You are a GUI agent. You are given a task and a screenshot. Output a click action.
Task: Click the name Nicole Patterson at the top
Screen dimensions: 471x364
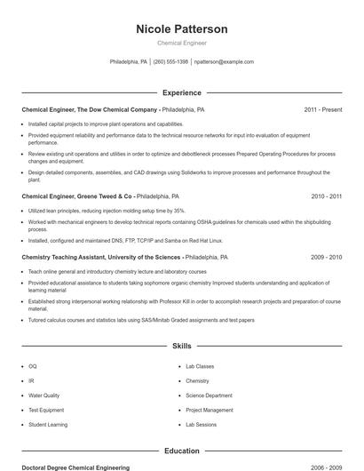[x=181, y=29]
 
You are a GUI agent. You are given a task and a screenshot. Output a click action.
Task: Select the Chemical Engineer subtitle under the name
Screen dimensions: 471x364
[x=181, y=43]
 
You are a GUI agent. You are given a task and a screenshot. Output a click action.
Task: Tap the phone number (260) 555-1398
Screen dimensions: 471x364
[x=170, y=62]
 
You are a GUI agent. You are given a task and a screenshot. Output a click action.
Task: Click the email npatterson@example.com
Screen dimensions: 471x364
[x=224, y=62]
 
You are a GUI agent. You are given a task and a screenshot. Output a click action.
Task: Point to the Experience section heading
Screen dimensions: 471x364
[x=181, y=92]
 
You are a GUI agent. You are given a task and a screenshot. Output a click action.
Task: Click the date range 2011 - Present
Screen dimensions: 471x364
[x=322, y=109]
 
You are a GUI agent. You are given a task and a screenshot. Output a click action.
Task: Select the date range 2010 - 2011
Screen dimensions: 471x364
[x=326, y=196]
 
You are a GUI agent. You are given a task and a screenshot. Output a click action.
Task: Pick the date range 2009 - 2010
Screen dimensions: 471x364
[x=326, y=257]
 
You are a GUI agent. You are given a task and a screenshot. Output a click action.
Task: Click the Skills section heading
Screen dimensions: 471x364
[x=181, y=345]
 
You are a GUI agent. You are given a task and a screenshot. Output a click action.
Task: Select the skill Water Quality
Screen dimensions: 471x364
[x=44, y=395]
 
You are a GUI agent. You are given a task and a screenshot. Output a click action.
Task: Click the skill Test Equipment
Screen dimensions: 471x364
[x=46, y=410]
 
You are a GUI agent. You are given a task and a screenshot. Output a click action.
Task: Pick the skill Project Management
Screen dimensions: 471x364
[x=210, y=410]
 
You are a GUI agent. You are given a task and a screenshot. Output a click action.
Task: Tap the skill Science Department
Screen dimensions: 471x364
[x=209, y=395]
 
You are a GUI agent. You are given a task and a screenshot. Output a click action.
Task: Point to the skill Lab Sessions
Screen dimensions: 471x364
[x=201, y=425]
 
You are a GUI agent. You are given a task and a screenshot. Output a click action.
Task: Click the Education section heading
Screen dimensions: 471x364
[x=181, y=451]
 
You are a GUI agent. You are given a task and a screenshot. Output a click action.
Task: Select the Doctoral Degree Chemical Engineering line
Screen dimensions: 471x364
[x=75, y=467]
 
